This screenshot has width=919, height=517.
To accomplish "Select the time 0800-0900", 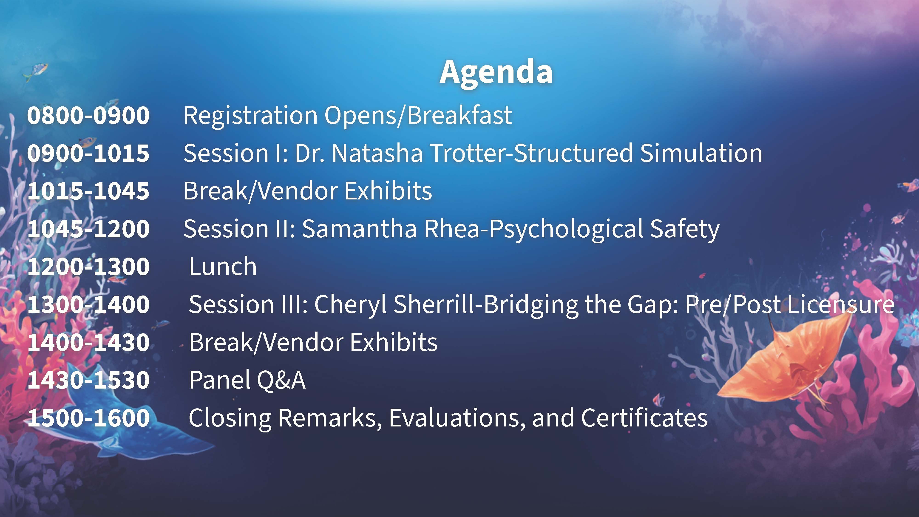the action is (88, 116).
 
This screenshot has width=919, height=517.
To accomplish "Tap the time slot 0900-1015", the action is (88, 153).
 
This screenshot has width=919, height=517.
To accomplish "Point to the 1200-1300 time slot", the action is (88, 267).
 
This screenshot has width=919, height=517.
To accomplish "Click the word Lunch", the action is (223, 267).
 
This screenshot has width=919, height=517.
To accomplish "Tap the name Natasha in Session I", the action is (377, 153).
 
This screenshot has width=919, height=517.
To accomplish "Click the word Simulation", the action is (701, 153).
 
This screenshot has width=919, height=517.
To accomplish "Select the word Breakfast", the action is (459, 116).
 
